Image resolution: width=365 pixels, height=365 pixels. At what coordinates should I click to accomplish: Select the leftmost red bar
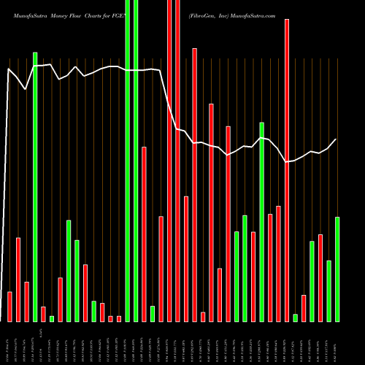(x=9, y=307)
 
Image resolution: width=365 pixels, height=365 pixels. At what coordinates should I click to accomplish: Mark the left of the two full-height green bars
(x=128, y=161)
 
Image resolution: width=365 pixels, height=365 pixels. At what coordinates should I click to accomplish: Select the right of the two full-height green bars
(x=136, y=161)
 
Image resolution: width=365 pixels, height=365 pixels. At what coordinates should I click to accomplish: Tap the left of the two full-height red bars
(x=169, y=161)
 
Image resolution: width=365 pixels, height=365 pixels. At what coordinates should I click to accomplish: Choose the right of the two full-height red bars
(x=177, y=161)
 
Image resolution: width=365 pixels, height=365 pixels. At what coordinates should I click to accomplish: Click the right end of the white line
(x=337, y=139)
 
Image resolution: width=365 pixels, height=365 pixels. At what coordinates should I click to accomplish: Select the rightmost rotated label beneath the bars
(x=337, y=343)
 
